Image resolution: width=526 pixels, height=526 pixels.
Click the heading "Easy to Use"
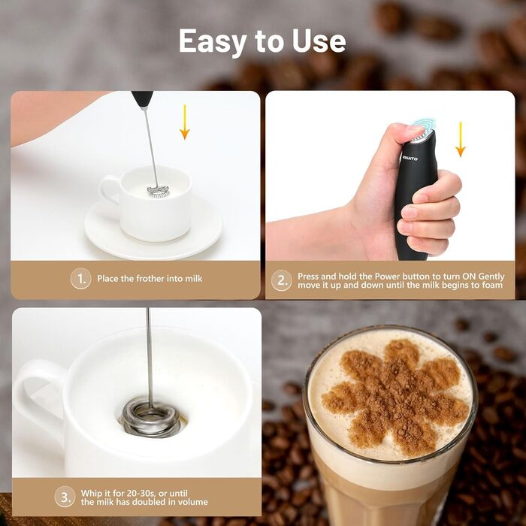(x=262, y=41)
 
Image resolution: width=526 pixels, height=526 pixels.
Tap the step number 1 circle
(x=81, y=279)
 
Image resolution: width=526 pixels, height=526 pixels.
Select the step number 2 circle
(x=282, y=280)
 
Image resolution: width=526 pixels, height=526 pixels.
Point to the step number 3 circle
(x=65, y=497)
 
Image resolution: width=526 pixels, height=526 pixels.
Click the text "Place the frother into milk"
(x=150, y=279)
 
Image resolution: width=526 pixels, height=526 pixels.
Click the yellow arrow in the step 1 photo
(x=185, y=122)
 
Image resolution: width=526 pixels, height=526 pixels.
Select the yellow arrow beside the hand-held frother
(x=460, y=139)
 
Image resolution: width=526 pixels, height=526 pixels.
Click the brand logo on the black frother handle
(x=410, y=158)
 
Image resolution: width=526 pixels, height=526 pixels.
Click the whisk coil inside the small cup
(x=159, y=191)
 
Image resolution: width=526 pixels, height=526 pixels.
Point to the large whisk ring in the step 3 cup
(x=150, y=418)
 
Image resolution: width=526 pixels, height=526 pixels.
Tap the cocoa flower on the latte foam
(x=395, y=397)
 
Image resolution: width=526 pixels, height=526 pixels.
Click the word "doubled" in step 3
(x=147, y=502)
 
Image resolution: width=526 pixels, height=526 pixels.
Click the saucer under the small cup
(x=153, y=231)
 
